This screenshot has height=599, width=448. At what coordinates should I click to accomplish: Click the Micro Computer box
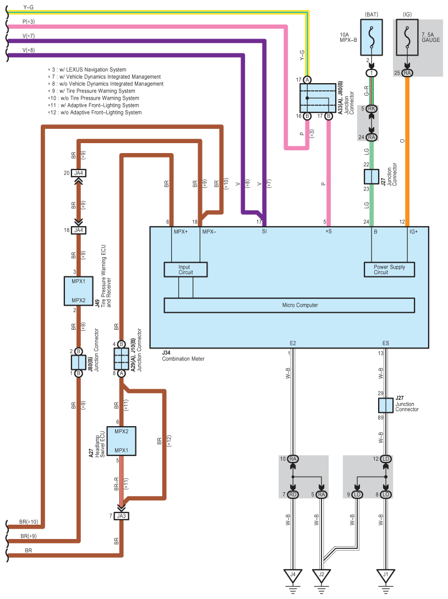tap(289, 305)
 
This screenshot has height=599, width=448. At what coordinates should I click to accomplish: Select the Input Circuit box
tap(185, 269)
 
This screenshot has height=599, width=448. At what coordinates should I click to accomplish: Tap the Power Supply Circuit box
tap(389, 269)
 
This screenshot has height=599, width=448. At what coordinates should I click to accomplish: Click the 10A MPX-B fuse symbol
tap(371, 37)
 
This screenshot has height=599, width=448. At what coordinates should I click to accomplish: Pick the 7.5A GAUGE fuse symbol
tap(407, 37)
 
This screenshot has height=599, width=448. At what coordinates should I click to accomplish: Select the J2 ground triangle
tap(321, 576)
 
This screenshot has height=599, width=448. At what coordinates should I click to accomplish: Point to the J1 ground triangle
tap(386, 576)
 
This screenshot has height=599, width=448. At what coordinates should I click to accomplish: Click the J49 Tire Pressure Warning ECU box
tap(78, 291)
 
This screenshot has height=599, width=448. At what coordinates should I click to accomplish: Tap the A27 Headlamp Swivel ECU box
tap(122, 441)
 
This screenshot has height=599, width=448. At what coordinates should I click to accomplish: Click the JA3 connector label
tap(121, 516)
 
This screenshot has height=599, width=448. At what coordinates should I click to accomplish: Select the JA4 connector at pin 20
tap(78, 173)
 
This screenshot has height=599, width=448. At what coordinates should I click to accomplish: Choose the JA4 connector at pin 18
tap(78, 230)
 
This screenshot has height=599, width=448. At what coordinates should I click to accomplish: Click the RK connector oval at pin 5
tap(371, 108)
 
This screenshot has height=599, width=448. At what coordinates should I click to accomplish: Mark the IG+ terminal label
tap(414, 231)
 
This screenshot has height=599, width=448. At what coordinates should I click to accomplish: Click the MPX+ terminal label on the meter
tap(181, 231)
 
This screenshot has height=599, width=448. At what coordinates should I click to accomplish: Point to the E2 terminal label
tap(293, 343)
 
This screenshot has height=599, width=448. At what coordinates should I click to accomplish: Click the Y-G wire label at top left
tap(29, 7)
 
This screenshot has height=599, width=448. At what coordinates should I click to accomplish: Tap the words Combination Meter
tap(183, 359)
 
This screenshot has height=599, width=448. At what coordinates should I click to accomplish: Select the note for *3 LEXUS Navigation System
tap(87, 69)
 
